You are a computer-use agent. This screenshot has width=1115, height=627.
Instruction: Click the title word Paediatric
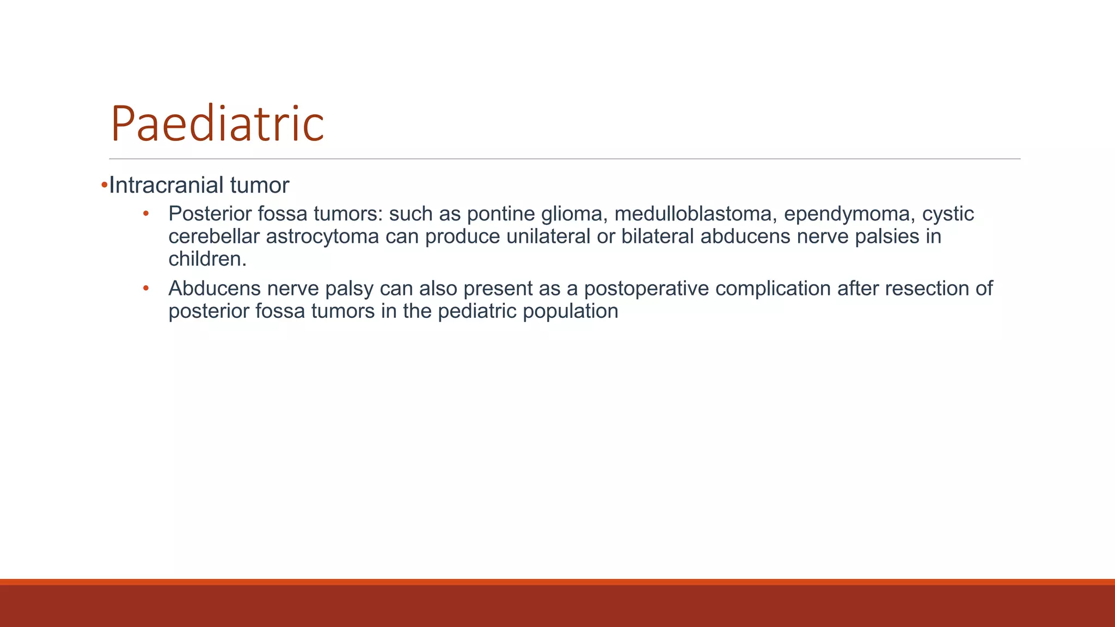coord(217,124)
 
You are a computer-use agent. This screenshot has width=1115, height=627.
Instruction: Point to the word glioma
coord(574,214)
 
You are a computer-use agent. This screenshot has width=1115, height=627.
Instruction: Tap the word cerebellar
coord(214,237)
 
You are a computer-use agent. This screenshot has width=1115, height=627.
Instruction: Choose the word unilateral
coord(548,237)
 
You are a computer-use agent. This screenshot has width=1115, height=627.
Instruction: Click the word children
coord(207,259)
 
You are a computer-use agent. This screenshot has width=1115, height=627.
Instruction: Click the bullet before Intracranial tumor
coord(104,186)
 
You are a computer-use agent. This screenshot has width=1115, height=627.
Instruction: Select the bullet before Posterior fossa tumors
coord(145,214)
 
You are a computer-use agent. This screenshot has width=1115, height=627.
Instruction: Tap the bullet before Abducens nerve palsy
coord(145,288)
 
